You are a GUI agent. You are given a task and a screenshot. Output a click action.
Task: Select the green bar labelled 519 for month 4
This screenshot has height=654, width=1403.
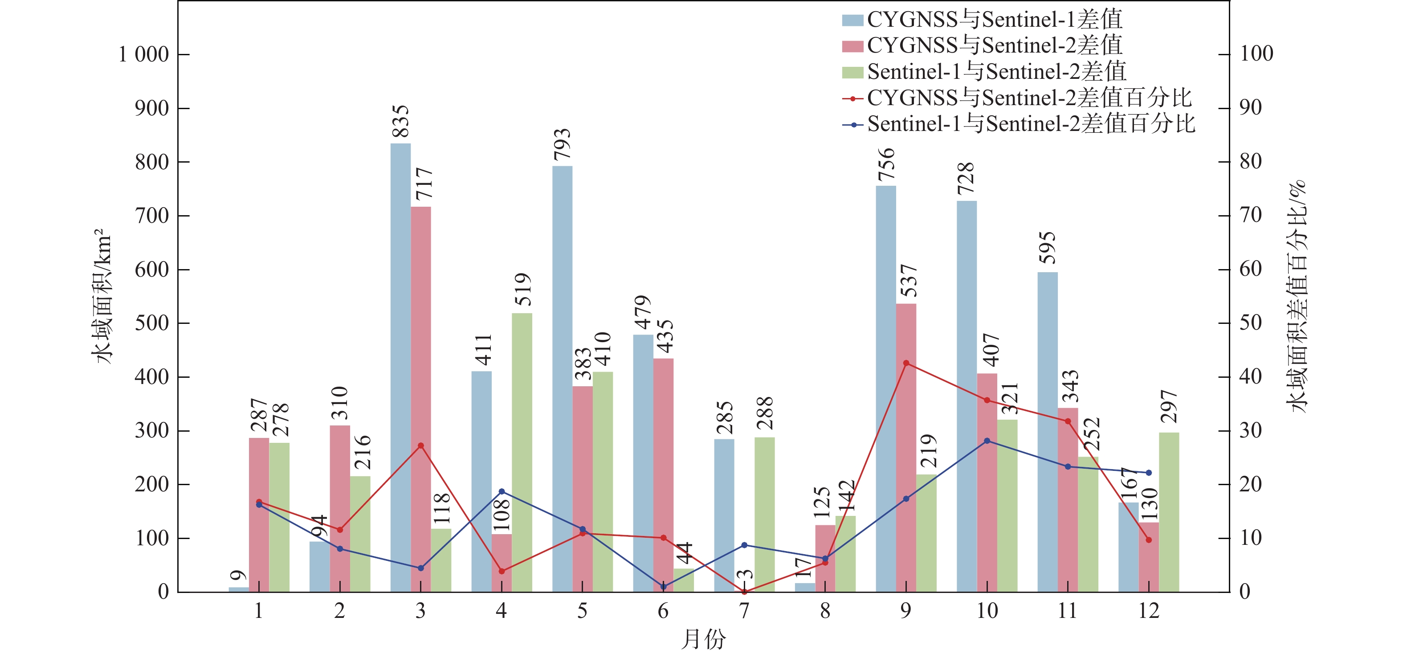[522, 452]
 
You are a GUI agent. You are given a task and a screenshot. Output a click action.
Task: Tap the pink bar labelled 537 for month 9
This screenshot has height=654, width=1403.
[906, 447]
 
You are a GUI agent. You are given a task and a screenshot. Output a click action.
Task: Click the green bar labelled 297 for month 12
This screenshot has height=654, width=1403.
[1169, 512]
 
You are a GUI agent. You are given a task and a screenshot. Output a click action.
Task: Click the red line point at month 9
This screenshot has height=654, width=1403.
[906, 363]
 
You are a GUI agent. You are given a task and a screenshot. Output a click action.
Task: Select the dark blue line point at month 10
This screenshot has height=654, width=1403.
[987, 440]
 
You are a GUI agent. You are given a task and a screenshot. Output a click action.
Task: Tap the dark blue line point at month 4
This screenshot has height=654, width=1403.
[502, 491]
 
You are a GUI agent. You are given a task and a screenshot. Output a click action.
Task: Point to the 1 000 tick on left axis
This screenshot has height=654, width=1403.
[144, 54]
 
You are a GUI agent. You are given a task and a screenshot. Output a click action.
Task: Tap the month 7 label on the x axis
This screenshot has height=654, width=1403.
[744, 611]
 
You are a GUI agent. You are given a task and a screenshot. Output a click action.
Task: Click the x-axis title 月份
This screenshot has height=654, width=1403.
[703, 638]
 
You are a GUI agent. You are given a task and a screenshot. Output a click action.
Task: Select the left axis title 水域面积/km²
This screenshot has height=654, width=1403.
[102, 297]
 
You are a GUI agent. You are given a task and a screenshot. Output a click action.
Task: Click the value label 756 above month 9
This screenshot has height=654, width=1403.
[886, 164]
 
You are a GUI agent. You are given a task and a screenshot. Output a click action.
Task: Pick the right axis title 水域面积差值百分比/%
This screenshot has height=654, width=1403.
[1296, 297]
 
